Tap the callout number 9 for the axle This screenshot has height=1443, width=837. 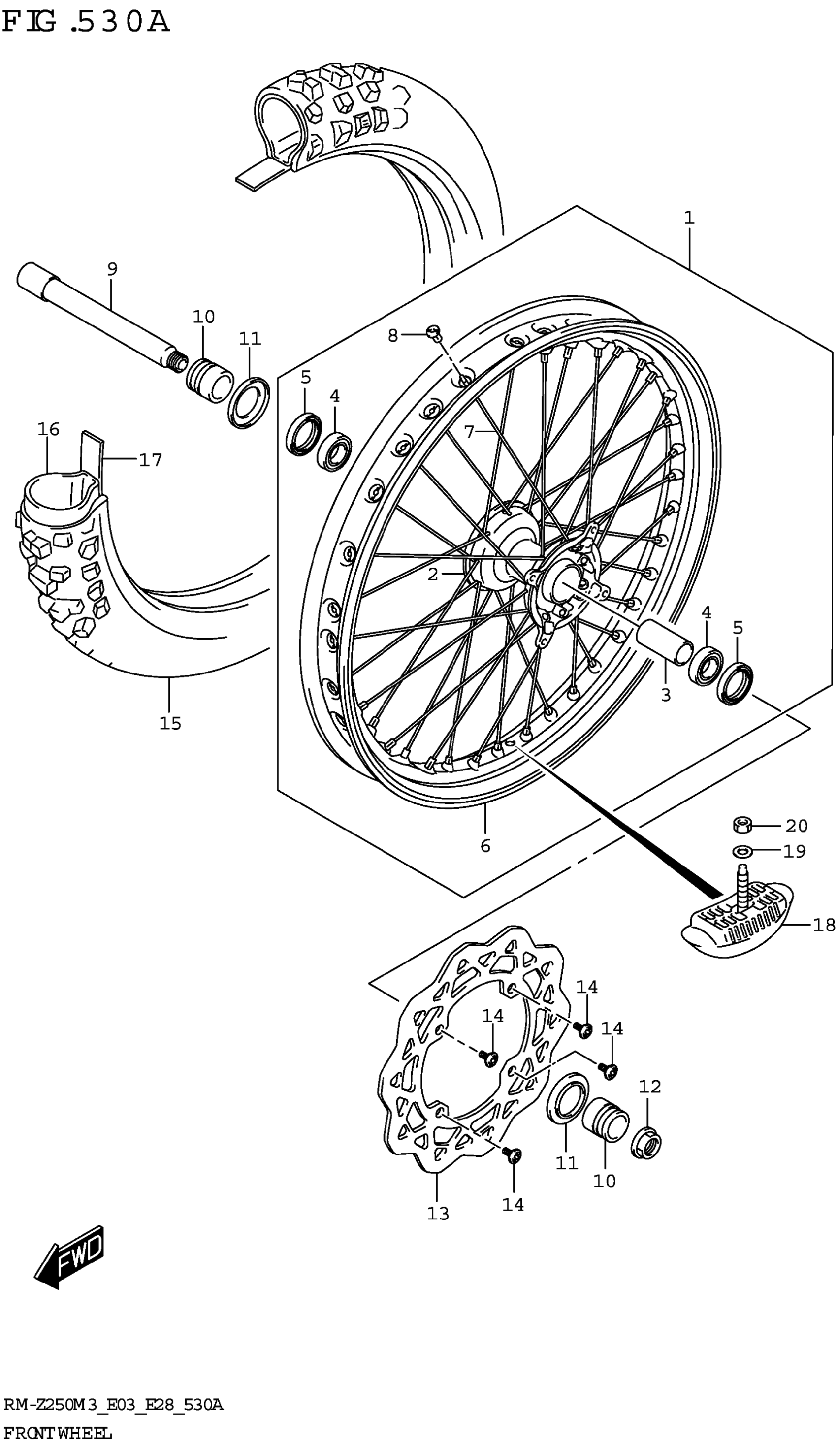112,268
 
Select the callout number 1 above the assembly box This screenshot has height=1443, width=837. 689,218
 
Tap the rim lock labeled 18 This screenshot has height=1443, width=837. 739,922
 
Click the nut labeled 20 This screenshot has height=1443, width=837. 742,825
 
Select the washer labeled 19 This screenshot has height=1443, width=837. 742,852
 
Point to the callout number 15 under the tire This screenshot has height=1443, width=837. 170,723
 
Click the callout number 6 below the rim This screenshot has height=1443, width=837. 485,845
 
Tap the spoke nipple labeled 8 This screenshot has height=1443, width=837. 433,330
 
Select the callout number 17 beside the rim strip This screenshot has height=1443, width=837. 151,460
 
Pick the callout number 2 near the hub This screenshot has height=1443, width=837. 433,574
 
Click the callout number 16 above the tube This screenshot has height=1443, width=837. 49,429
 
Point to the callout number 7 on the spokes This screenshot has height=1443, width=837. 469,432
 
